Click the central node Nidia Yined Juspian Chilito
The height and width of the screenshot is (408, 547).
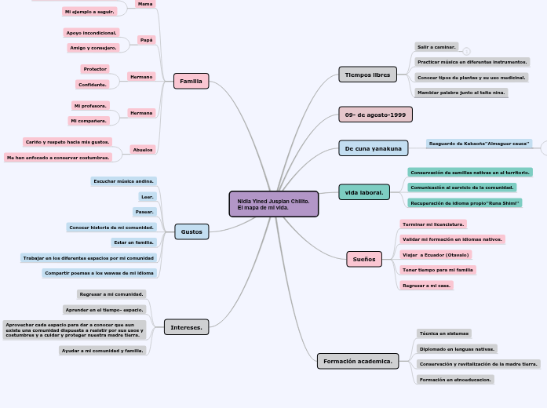click(274, 204)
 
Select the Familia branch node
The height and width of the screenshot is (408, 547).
click(191, 81)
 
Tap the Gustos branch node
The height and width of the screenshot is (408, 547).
click(191, 231)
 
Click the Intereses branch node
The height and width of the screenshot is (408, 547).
click(186, 327)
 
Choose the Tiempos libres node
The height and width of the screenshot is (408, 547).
click(367, 75)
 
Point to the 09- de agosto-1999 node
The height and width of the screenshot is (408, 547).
click(375, 115)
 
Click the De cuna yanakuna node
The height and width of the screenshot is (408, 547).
click(373, 148)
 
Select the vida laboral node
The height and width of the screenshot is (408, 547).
click(364, 191)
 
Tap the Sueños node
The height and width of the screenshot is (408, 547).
click(364, 259)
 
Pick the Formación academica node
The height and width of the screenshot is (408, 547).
click(358, 361)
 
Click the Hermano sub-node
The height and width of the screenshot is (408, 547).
click(142, 77)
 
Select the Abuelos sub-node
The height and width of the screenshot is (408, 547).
click(143, 149)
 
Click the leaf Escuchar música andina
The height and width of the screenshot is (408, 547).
click(124, 181)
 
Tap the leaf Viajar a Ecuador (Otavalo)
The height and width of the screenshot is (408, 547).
click(436, 255)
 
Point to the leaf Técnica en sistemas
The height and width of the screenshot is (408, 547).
click(444, 333)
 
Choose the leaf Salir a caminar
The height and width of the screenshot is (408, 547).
click(436, 47)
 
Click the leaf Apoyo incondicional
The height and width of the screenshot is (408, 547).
click(92, 33)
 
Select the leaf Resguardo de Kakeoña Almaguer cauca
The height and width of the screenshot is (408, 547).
click(480, 144)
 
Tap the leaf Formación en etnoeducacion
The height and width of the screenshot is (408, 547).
click(455, 380)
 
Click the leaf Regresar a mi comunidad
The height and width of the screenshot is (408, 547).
click(112, 294)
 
